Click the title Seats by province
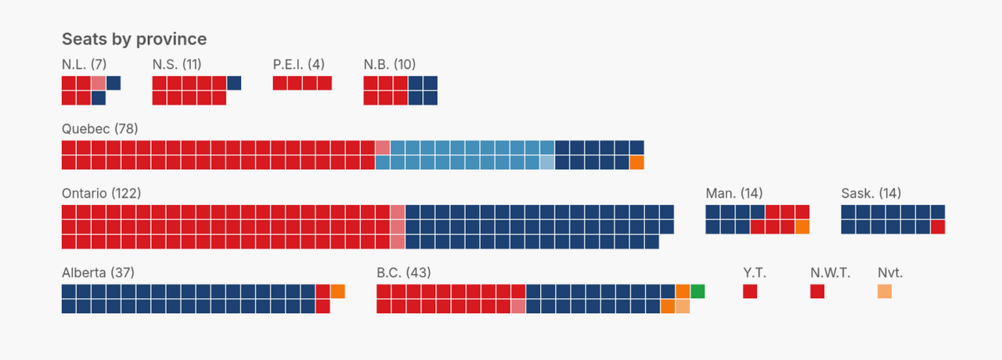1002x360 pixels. [x=134, y=39]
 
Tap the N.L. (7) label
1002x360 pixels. [x=84, y=64]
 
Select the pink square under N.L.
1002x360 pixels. [x=99, y=83]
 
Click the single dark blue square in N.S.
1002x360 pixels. [x=234, y=83]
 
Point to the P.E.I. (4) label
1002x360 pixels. [x=298, y=64]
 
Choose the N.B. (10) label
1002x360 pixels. [x=390, y=64]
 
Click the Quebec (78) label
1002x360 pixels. [x=99, y=128]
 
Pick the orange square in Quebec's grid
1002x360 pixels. [x=637, y=162]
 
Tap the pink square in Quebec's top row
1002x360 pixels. [x=383, y=148]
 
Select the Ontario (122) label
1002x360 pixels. [x=101, y=193]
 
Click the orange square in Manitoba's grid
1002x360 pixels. [x=802, y=227]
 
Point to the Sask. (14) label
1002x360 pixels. [x=871, y=193]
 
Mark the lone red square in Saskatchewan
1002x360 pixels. [x=938, y=227]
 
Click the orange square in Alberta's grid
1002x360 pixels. [x=338, y=291]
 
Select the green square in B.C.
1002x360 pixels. [x=697, y=291]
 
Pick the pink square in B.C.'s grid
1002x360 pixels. [x=518, y=306]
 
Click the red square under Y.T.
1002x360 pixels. [x=750, y=291]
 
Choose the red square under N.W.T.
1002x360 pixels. [x=817, y=291]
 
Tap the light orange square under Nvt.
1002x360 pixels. [x=885, y=291]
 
